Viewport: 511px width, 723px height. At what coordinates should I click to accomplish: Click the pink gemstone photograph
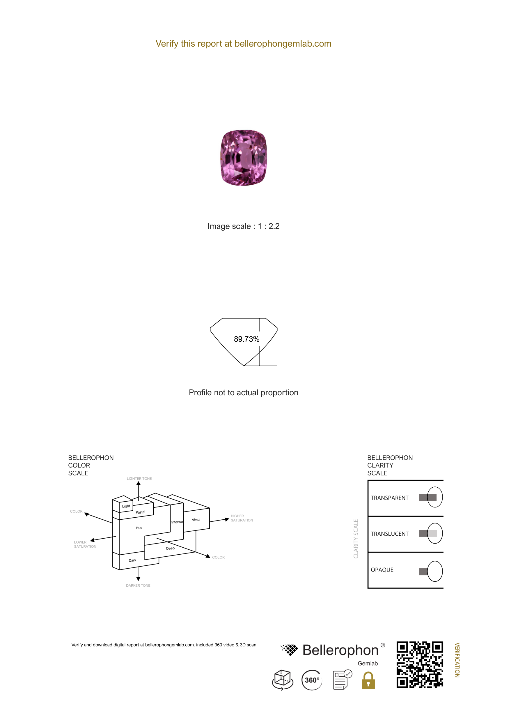(x=244, y=158)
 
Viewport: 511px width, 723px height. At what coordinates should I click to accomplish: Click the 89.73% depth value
(x=246, y=339)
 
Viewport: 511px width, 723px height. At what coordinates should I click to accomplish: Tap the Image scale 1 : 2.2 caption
(x=244, y=226)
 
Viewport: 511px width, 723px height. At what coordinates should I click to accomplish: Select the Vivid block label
(x=196, y=520)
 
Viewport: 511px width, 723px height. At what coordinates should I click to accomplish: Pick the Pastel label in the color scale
(x=140, y=512)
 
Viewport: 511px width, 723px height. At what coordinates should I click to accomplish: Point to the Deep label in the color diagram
(x=170, y=548)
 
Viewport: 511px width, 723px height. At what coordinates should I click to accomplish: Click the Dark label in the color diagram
(x=132, y=560)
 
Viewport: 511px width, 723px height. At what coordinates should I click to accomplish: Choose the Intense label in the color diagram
(x=177, y=522)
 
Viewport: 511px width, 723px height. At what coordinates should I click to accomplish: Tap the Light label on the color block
(x=126, y=506)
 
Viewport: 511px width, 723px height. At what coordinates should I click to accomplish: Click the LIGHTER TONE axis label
(x=139, y=478)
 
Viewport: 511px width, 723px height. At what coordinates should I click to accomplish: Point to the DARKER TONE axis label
(x=138, y=586)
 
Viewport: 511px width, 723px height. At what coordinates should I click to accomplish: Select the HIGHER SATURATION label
(x=242, y=518)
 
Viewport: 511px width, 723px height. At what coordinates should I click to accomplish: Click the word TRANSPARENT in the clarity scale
(x=390, y=498)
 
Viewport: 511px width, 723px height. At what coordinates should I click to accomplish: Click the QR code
(x=420, y=664)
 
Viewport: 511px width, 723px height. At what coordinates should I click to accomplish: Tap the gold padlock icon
(x=368, y=680)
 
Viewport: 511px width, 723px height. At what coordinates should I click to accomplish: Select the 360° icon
(x=312, y=680)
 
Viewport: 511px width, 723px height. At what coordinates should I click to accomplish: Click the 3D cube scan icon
(x=283, y=680)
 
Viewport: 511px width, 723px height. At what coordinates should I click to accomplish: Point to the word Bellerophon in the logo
(x=340, y=650)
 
